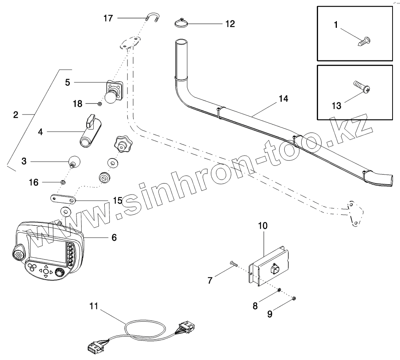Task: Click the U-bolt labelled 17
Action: (x=152, y=18)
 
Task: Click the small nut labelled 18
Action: (x=100, y=104)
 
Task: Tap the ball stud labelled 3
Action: (x=73, y=161)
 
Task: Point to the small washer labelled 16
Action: (x=62, y=182)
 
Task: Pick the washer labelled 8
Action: (x=278, y=290)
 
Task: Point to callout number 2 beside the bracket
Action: (x=16, y=115)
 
